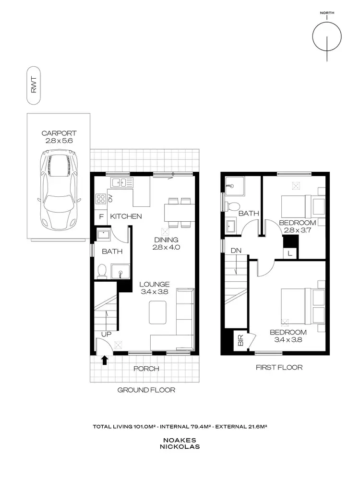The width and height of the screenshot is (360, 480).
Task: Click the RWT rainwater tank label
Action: click(x=34, y=87)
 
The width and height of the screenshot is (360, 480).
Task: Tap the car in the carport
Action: click(x=59, y=189)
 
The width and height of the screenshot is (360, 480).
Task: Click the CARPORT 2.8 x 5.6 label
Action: click(x=59, y=138)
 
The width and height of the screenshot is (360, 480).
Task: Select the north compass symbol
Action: click(x=327, y=36)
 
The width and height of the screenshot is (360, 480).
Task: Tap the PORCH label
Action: click(x=146, y=369)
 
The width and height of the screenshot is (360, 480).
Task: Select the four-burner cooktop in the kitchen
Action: click(x=101, y=198)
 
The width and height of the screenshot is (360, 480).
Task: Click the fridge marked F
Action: click(x=101, y=216)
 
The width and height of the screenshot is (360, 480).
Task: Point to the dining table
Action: click(x=180, y=212)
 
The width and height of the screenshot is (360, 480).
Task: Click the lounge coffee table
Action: click(x=158, y=312)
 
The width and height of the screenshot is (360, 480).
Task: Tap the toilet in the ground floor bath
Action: click(x=101, y=272)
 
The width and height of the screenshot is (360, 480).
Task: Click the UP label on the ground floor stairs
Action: click(x=106, y=334)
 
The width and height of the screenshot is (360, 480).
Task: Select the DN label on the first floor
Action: click(x=236, y=251)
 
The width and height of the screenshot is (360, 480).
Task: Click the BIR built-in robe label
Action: click(x=240, y=342)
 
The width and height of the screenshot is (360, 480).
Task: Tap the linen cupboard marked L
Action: click(x=289, y=252)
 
